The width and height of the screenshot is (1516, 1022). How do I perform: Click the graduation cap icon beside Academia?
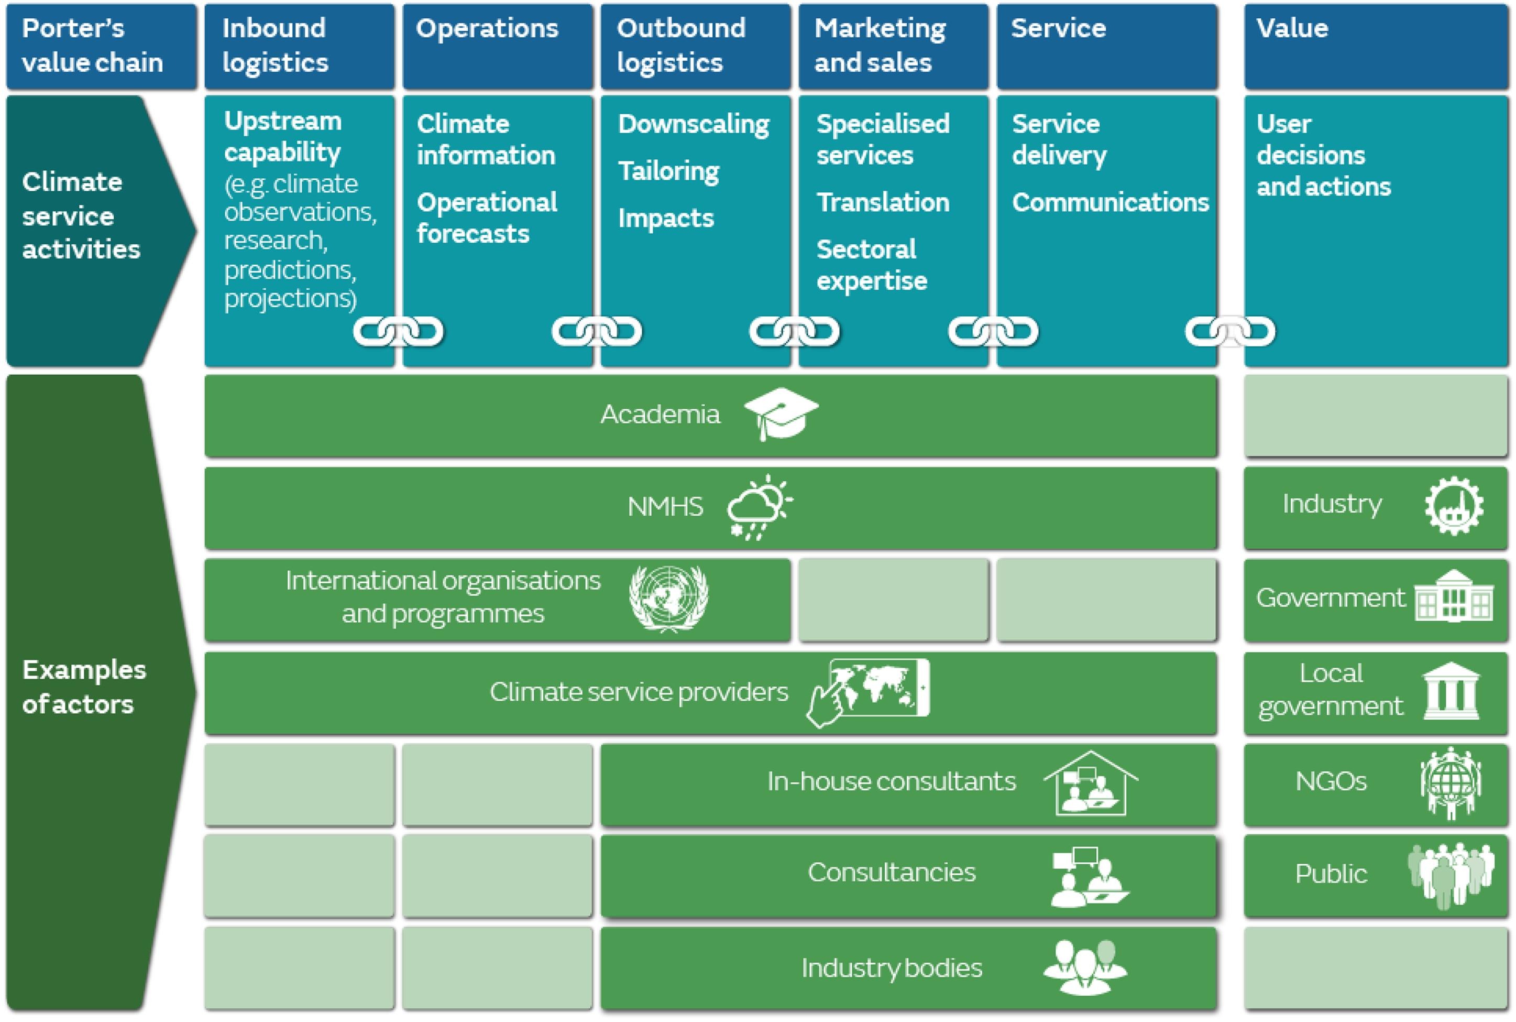(781, 412)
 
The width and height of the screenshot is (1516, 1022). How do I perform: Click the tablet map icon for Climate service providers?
(869, 691)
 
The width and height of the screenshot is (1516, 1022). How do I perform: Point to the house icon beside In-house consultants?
(1090, 783)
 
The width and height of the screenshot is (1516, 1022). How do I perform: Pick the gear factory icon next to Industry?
(1454, 506)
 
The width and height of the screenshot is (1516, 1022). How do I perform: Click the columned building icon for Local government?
(1452, 691)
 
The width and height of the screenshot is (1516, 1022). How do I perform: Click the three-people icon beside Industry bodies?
(1085, 966)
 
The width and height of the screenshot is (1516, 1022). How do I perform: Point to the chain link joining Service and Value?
(1229, 332)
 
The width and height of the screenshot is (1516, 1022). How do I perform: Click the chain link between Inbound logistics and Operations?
(398, 332)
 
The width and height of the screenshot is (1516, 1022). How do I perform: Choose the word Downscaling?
(693, 124)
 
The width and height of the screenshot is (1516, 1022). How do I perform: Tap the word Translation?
(883, 202)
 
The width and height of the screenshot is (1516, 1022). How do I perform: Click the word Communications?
(1110, 202)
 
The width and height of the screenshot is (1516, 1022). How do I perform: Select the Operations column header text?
(487, 28)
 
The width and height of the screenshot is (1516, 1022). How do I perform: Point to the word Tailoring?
(668, 171)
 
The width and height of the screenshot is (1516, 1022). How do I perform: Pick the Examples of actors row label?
(83, 687)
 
